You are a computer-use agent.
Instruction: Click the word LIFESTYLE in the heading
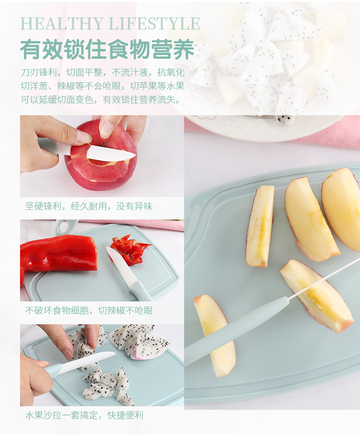point(154,24)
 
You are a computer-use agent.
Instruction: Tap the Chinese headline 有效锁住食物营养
point(107,50)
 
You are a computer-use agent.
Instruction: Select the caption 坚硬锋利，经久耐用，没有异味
point(89,206)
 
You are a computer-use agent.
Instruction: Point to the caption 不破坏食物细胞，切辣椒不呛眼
point(89,311)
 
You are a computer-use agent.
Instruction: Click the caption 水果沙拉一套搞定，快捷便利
point(84,415)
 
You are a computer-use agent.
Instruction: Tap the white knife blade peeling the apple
point(111,153)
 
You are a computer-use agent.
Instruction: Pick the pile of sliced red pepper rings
point(130,250)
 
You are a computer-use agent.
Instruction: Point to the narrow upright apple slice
point(260,226)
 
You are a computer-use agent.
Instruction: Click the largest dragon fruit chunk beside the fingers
point(139,342)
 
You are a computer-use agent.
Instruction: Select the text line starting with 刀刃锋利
point(103,72)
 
